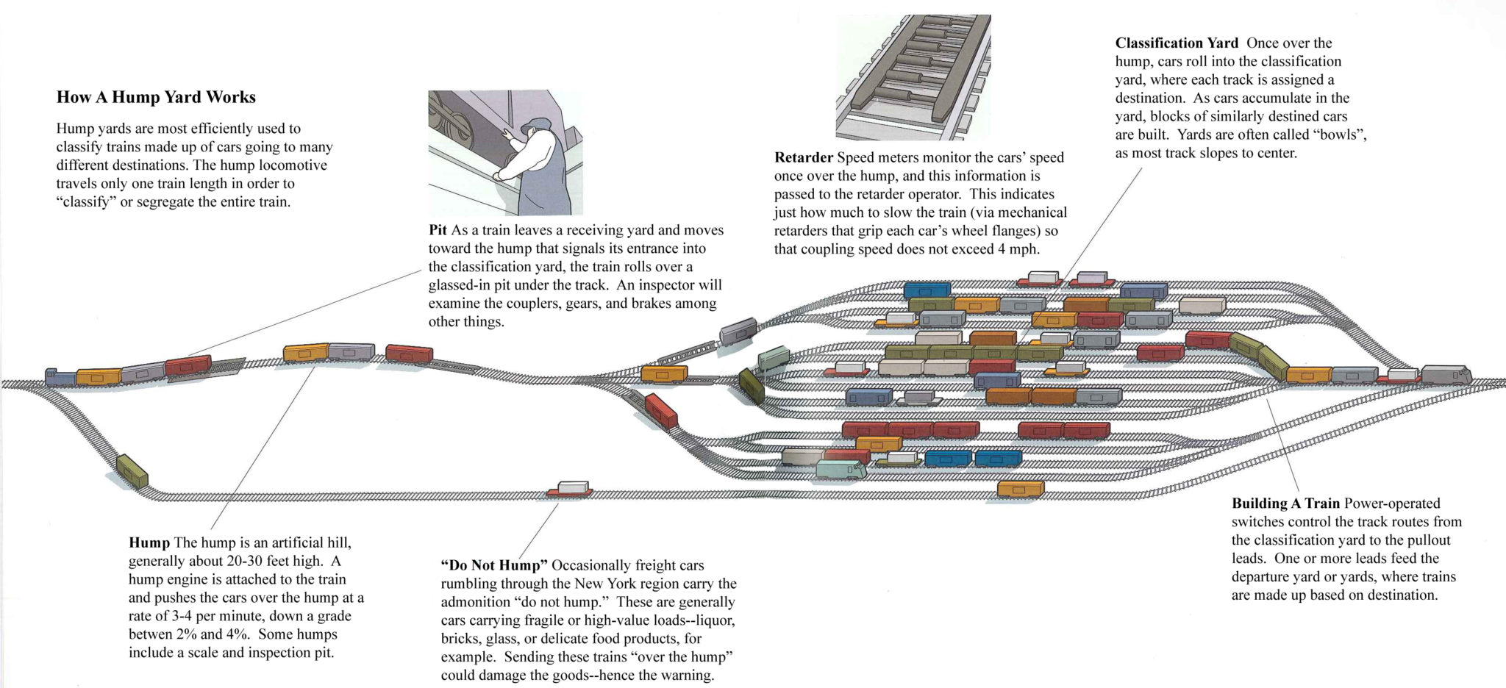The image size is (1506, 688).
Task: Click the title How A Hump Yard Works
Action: pos(156,98)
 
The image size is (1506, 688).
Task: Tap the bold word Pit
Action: pos(438,230)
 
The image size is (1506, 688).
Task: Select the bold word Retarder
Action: pos(803,157)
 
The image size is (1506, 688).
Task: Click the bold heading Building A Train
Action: pos(1285,504)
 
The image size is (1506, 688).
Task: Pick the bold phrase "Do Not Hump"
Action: pos(494,565)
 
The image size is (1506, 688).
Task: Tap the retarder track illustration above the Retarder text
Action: pos(912,76)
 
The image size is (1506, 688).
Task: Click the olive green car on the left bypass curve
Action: pos(132,470)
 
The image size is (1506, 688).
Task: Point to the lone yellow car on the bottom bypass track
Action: pos(1021,489)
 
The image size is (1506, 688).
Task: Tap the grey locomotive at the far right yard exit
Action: pos(1445,374)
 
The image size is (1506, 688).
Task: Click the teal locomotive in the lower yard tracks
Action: pos(841,470)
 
